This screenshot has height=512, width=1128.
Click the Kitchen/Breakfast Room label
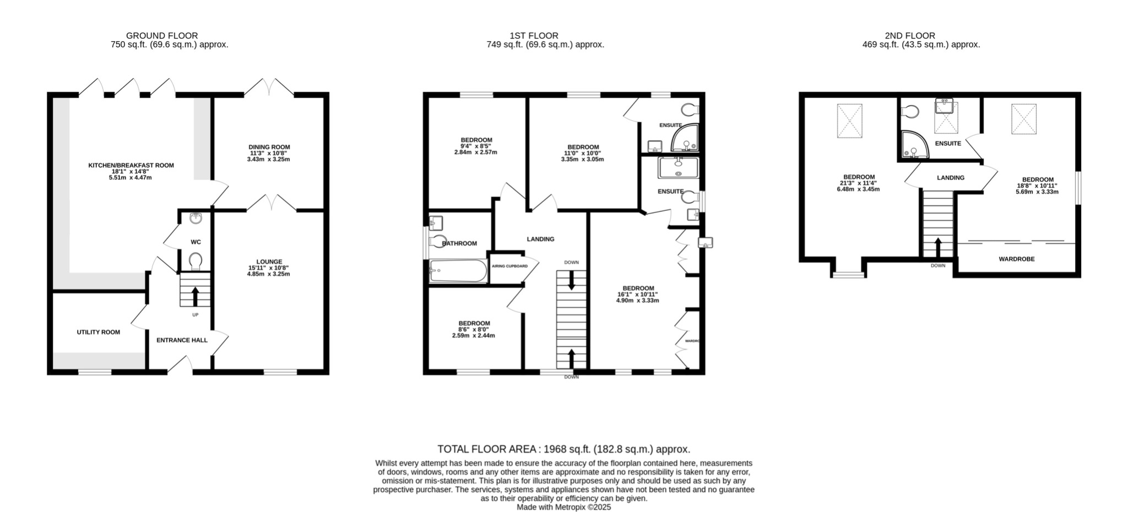(x=131, y=165)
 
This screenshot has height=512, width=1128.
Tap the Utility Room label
(x=98, y=332)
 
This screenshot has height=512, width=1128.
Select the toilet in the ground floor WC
(x=195, y=261)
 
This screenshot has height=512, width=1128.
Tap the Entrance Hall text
(x=182, y=340)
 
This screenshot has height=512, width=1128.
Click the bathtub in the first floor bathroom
(x=458, y=271)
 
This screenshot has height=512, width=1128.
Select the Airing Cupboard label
(x=509, y=266)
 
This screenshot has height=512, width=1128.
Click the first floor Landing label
(x=540, y=239)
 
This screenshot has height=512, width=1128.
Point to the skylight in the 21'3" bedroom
(x=849, y=121)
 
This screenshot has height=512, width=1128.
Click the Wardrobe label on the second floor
(x=1016, y=259)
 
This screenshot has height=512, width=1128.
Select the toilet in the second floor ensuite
(x=910, y=112)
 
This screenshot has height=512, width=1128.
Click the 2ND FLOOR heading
(x=910, y=36)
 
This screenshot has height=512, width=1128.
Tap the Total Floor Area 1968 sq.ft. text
(x=563, y=449)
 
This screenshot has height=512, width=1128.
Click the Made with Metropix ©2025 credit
(x=563, y=508)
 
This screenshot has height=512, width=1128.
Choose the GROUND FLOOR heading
(x=162, y=36)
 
